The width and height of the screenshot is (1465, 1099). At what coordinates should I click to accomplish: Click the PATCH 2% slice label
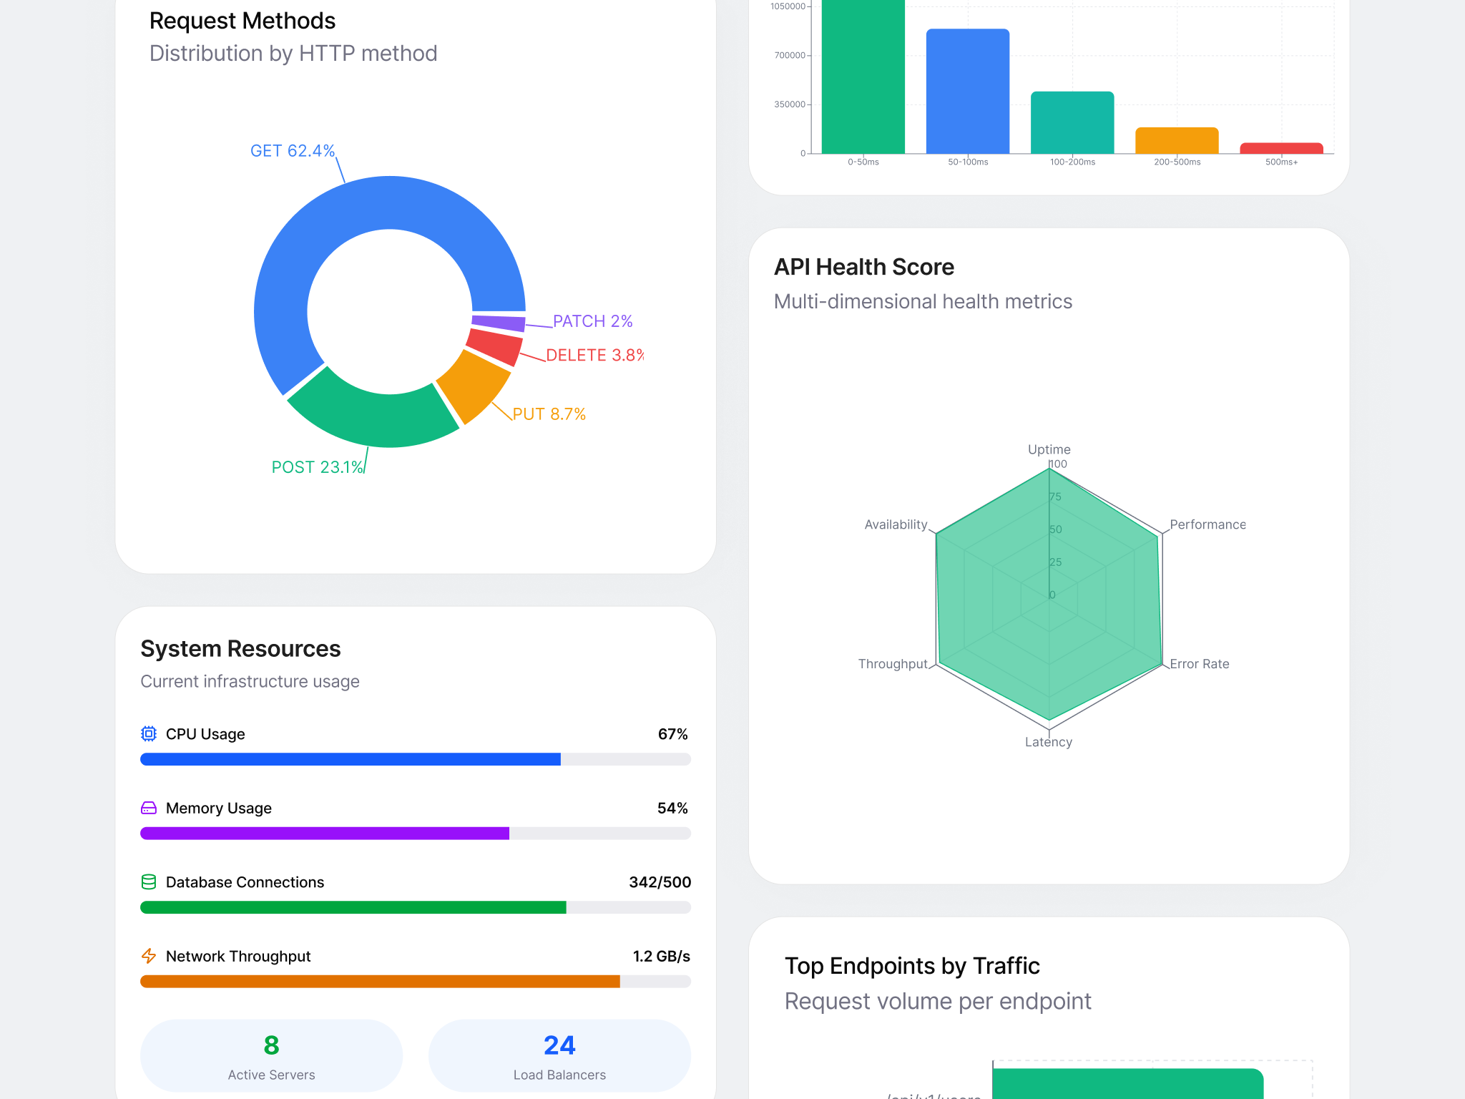592,321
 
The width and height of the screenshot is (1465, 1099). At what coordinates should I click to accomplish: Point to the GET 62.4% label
292,151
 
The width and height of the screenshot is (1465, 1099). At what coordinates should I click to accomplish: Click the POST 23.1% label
317,467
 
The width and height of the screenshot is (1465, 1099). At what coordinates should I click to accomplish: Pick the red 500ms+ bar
1280,148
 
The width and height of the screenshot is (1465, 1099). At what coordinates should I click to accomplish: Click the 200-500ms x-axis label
1177,162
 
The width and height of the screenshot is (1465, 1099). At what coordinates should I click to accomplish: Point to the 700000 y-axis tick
789,56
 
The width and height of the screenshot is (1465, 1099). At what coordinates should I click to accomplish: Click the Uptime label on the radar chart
1049,449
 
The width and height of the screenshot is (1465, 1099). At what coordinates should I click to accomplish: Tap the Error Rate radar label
1199,664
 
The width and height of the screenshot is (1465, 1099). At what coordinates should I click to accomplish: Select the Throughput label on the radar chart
892,664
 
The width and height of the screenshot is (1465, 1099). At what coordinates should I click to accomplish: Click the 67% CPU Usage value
672,734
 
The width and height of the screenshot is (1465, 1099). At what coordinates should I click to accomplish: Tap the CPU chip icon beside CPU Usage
149,734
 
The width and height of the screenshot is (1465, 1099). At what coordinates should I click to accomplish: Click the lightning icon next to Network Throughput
149,956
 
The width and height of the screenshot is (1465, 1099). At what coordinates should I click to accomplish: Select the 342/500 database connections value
660,882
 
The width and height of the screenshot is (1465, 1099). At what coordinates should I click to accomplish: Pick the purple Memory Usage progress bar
325,833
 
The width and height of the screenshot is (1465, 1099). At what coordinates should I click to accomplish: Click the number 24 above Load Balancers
559,1045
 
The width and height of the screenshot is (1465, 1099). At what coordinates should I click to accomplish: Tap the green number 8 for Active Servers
271,1045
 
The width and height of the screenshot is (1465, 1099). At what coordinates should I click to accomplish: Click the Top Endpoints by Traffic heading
912,966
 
